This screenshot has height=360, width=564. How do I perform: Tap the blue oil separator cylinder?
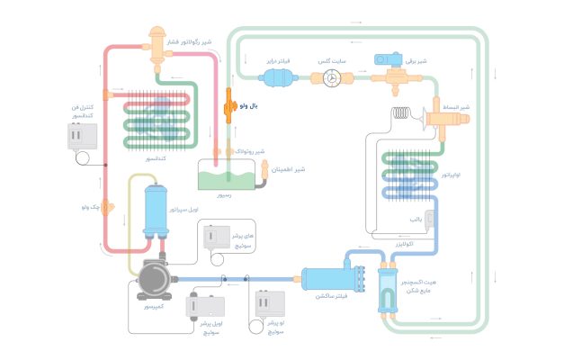point(159,210)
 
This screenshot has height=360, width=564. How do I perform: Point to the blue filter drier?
point(282,78)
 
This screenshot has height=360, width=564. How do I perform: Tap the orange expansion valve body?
point(443,117)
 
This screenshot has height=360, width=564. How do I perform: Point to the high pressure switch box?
point(216,237)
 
